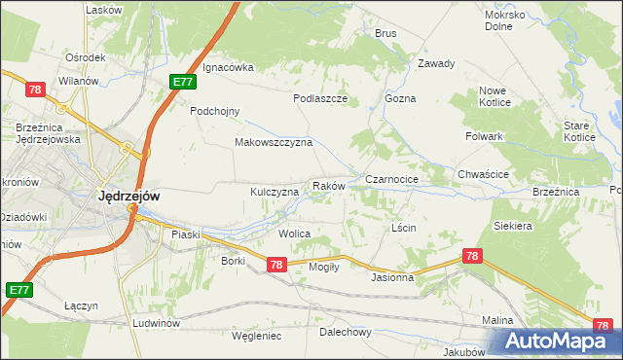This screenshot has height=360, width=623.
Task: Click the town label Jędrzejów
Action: click(129, 196)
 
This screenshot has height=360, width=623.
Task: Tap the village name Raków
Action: click(328, 185)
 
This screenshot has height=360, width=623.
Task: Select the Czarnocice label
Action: click(391, 180)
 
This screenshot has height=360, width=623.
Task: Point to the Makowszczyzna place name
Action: click(273, 142)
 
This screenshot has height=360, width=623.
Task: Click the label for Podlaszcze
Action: click(320, 98)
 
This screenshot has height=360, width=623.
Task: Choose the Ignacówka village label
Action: click(228, 67)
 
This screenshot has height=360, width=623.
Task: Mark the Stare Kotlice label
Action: click(582, 131)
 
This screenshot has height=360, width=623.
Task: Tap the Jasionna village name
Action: click(392, 277)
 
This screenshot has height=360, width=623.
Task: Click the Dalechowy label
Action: click(346, 332)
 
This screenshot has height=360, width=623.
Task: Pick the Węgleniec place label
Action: click(256, 336)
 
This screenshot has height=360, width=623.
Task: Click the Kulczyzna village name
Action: click(275, 193)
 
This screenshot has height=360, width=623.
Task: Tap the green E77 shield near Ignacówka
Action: click(182, 82)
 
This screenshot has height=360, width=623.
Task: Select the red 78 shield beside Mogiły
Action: click(275, 265)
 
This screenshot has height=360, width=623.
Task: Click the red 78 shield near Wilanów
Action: click(36, 90)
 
